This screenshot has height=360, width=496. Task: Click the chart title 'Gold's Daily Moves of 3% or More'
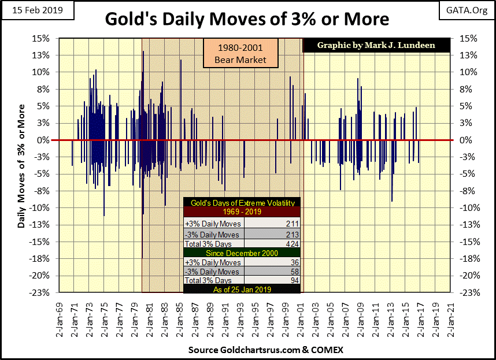[247, 19]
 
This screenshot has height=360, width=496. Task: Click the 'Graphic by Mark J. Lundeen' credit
[376, 44]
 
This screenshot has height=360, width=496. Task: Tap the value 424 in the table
[291, 244]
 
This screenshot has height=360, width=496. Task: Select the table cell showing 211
[291, 223]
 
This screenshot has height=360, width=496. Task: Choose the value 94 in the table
[293, 281]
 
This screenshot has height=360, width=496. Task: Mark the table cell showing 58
[293, 272]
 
